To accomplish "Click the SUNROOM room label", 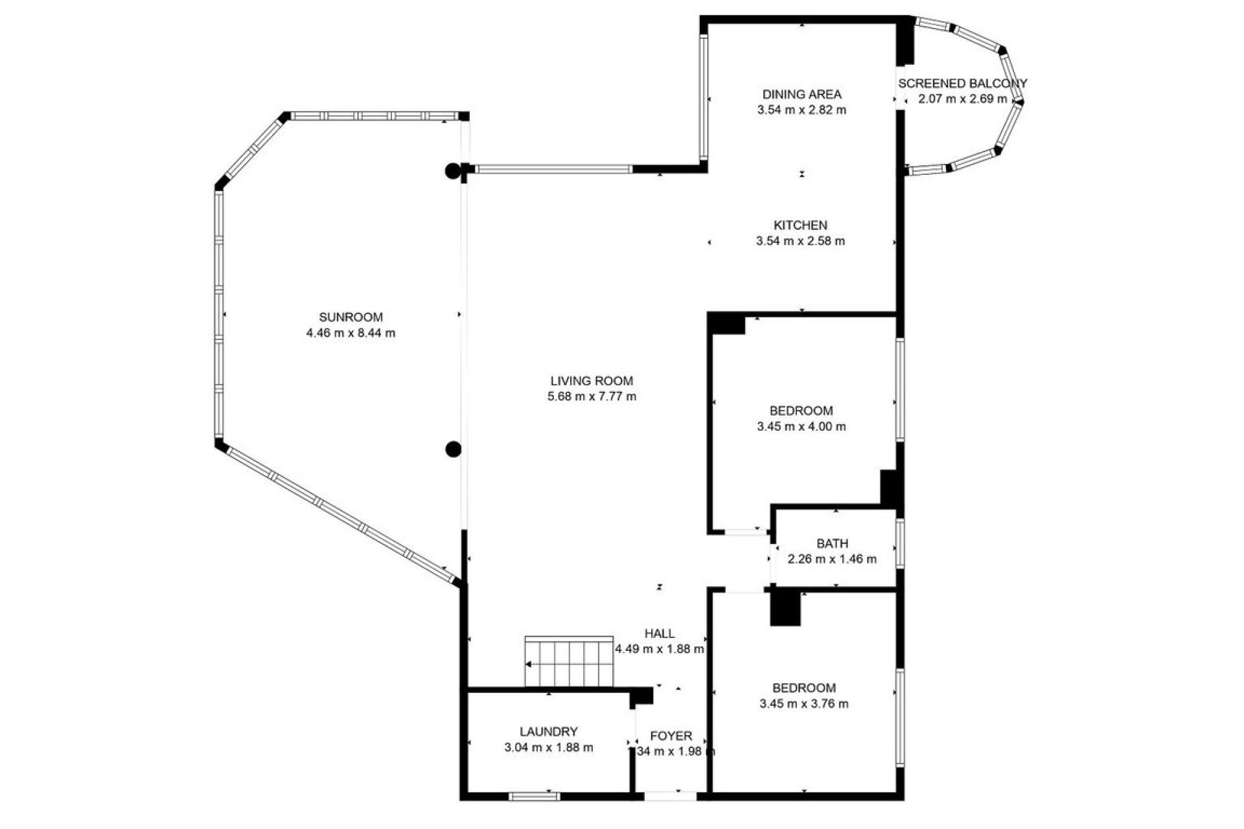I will pos(351,317).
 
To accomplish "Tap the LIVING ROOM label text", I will pos(591,381).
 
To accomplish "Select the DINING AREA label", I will pos(801,94).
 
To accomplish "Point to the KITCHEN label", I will pos(800,225).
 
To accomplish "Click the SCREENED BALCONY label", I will pos(962,84).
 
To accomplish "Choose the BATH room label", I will pos(832,543).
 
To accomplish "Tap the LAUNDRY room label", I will pos(548,732).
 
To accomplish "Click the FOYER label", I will pos(671,736).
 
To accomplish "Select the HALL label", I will pos(660,633).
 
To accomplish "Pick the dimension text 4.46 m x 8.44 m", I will pos(351,334).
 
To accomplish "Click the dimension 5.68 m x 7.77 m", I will pos(592,396).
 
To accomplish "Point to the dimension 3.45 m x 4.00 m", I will pos(801,427).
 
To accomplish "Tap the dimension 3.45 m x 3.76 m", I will pos(803,704).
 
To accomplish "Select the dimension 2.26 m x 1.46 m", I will pos(832,560).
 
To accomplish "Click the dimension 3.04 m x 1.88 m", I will pos(548,747).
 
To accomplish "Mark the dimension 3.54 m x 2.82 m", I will pos(801,110).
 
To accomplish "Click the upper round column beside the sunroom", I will pos(453,172).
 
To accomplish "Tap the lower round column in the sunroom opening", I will pos(453,449).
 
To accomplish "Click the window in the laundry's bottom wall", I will pos(533,796).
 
